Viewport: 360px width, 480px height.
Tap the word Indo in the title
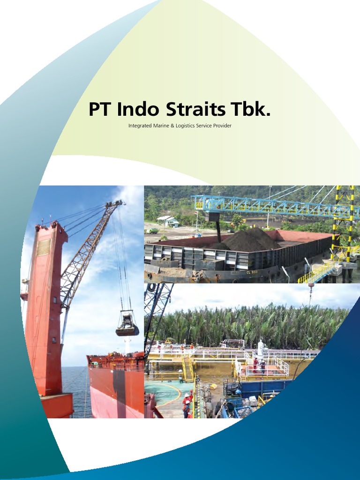(138, 110)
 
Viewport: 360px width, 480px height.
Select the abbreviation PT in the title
(100, 110)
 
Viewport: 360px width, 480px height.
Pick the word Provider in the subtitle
(222, 126)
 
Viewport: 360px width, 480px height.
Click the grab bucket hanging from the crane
(127, 325)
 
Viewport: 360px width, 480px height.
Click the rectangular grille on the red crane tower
(44, 247)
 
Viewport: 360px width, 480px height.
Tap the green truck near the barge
(152, 231)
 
